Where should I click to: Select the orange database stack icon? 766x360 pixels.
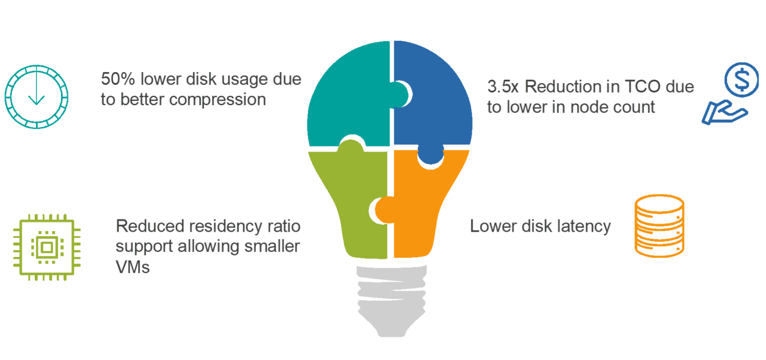pos(659,226)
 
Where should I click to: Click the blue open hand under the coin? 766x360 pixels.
pos(722,113)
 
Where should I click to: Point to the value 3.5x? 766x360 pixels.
pos(503,87)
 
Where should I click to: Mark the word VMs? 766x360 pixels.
pos(133,267)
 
